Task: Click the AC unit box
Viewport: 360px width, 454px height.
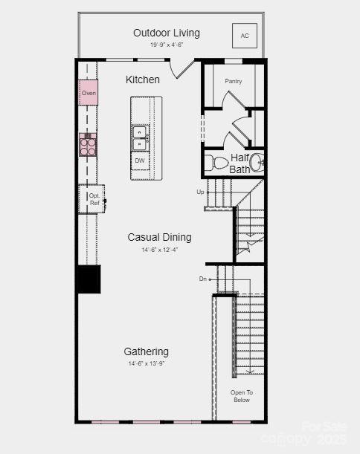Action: click(245, 36)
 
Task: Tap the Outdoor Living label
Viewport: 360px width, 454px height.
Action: click(167, 33)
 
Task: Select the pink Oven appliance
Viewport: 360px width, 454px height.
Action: click(89, 93)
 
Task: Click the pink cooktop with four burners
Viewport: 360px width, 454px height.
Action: click(88, 144)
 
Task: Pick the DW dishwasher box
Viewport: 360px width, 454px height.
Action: click(140, 160)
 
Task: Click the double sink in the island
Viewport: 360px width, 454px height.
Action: click(140, 137)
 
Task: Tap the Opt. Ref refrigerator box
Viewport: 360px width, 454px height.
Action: click(94, 199)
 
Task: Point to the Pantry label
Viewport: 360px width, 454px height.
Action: click(234, 80)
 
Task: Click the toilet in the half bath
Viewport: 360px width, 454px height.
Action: click(219, 163)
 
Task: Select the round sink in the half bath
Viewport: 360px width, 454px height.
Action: click(255, 162)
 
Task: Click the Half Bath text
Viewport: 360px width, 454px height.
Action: click(240, 163)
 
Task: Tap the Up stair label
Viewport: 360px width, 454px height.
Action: click(200, 192)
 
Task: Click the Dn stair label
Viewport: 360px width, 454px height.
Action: click(202, 279)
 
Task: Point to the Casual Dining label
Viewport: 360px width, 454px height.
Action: click(159, 237)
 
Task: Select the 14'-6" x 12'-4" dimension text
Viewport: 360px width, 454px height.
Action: click(159, 250)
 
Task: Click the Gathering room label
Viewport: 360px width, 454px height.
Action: click(146, 351)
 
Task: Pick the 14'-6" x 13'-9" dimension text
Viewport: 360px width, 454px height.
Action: click(146, 363)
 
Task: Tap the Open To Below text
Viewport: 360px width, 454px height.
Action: click(241, 396)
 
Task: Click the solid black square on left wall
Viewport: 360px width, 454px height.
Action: click(89, 279)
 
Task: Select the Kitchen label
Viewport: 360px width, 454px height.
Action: click(143, 80)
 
